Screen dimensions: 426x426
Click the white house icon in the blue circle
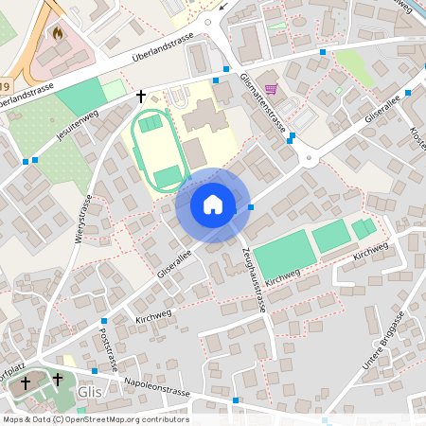(212, 204)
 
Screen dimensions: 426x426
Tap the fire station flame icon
(57, 34)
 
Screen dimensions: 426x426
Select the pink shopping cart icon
(273, 89)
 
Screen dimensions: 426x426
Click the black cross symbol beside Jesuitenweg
(142, 96)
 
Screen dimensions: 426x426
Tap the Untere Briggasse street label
(384, 341)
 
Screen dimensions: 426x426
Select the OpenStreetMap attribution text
(95, 419)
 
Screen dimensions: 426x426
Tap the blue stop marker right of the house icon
(251, 207)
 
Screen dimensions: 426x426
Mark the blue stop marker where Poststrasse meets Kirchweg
(104, 322)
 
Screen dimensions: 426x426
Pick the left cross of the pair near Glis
(26, 382)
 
